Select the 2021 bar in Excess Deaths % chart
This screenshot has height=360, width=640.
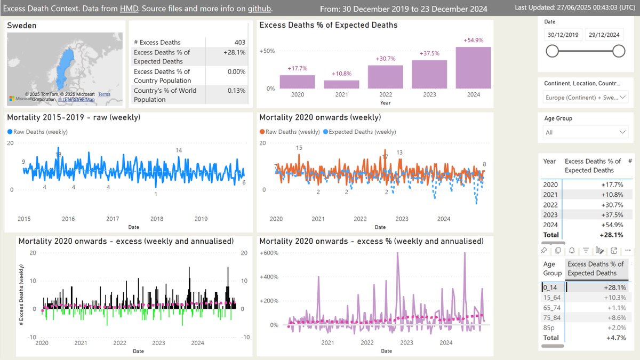341,84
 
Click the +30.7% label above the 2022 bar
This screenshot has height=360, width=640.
386,59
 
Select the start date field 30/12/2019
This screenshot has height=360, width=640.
562,35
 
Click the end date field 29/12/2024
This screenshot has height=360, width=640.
605,35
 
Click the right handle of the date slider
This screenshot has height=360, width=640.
619,51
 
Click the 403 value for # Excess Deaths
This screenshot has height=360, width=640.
239,42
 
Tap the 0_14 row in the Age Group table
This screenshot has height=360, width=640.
550,287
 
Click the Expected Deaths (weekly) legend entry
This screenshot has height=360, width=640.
362,132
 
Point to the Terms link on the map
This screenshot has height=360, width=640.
104,94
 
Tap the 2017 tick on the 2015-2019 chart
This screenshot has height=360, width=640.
113,219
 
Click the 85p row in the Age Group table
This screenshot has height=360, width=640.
550,327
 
